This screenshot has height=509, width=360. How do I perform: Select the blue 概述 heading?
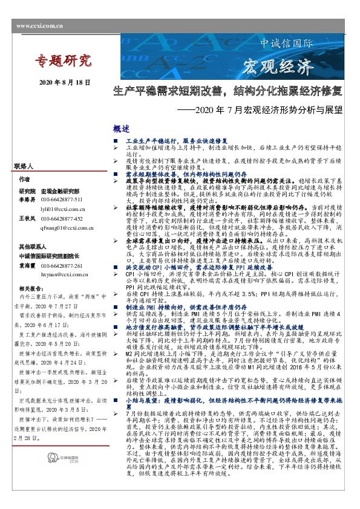tap(122, 128)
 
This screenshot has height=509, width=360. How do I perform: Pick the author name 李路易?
tap(27, 199)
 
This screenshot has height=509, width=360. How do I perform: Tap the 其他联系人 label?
tap(30, 247)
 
